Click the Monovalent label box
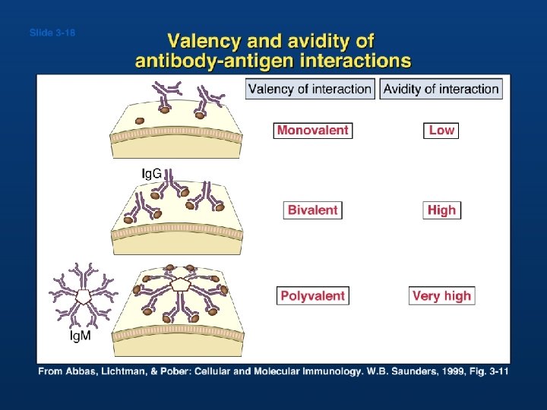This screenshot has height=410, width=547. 313,131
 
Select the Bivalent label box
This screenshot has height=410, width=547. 313,210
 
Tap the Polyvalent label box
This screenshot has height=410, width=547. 313,295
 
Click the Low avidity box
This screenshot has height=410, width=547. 441,131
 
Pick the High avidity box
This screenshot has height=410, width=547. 441,210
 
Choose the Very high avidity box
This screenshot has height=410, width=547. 441,295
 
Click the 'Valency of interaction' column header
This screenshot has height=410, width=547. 310,89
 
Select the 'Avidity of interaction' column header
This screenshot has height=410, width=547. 441,89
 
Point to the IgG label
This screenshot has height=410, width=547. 152,174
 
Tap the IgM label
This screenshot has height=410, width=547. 81,336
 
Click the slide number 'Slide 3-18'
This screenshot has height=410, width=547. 52,33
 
